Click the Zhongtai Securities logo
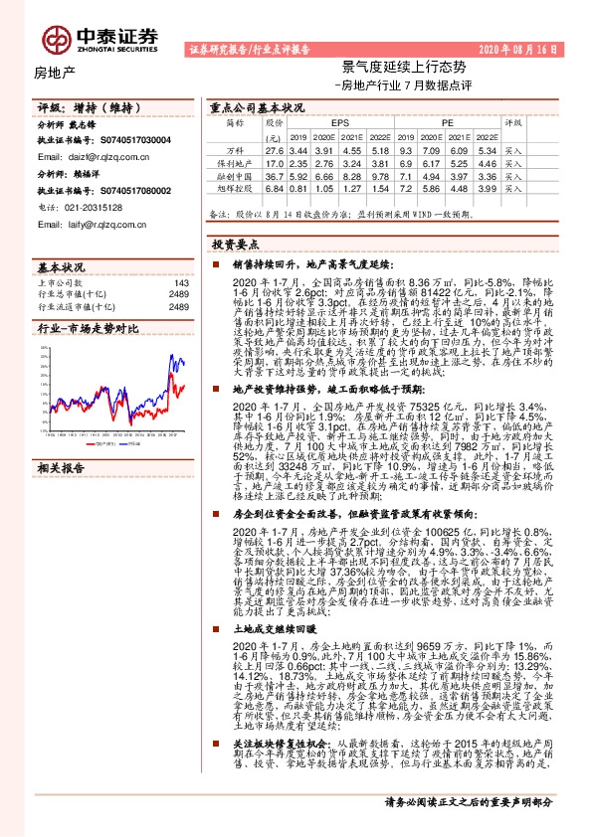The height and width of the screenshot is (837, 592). coord(99,38)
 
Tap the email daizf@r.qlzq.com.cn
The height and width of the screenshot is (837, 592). coord(95,155)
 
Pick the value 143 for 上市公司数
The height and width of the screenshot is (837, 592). coord(180,283)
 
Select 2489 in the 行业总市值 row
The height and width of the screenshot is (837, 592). coord(178,295)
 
